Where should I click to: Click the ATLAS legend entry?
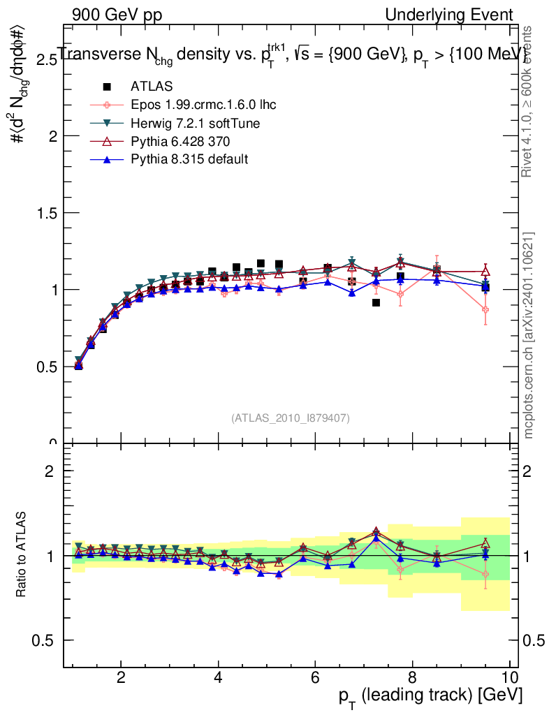[151, 87]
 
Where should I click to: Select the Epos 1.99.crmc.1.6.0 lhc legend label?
[203, 105]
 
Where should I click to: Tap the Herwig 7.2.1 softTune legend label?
[196, 123]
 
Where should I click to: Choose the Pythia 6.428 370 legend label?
[179, 141]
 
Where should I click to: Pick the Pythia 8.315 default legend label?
[189, 159]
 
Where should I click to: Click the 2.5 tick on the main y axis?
[47, 59]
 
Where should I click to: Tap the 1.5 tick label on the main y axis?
[47, 213]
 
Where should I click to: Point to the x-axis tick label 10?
[509, 677]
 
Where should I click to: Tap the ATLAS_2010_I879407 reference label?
[291, 418]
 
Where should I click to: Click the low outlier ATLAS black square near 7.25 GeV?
[376, 302]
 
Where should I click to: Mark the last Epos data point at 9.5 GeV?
[485, 309]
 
